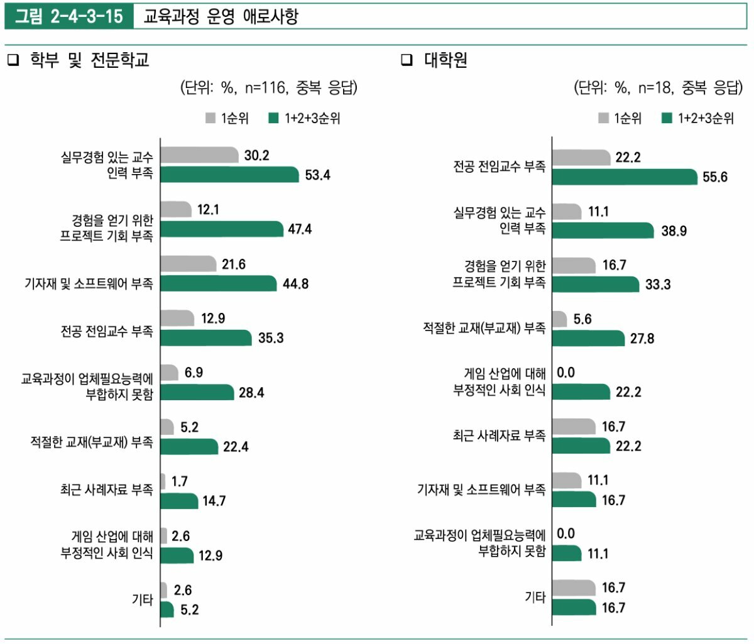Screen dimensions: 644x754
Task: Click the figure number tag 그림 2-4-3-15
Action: [69, 16]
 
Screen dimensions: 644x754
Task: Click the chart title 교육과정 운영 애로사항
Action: [221, 16]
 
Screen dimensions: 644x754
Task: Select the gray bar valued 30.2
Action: [199, 155]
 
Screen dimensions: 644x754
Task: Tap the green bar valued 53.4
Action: [229, 175]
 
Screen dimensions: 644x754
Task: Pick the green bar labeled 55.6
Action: [625, 177]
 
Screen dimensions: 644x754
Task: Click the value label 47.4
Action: [300, 229]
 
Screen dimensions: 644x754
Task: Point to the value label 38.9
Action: [674, 231]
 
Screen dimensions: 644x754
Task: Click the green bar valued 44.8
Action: [218, 283]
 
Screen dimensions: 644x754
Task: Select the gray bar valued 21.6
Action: [188, 264]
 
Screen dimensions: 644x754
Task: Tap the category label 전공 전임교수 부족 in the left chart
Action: [107, 331]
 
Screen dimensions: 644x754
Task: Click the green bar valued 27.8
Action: [588, 339]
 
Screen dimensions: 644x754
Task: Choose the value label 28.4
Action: [251, 393]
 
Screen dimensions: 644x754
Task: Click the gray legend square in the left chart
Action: [211, 118]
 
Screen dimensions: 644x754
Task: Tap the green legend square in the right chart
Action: [667, 118]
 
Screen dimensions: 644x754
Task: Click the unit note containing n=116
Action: [269, 88]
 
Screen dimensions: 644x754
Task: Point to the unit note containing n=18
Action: [658, 88]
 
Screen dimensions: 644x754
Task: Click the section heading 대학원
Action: [445, 60]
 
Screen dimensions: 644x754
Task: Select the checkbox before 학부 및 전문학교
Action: [13, 60]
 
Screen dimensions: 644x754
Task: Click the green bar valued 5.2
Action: [167, 609]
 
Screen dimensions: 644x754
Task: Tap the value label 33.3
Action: [658, 285]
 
